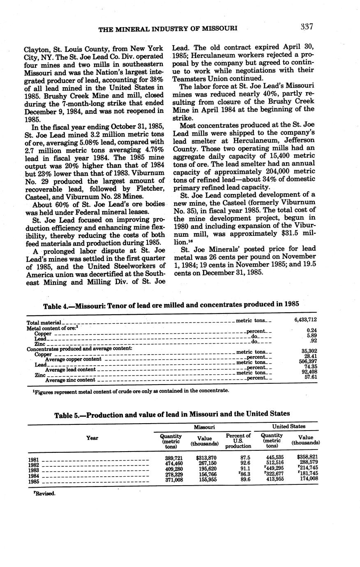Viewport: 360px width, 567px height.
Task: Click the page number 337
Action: coord(307,27)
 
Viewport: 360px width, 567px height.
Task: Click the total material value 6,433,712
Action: coord(305,319)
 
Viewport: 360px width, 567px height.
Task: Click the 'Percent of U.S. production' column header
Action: coord(238,440)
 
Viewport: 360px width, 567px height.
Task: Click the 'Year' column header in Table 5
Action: coord(92,438)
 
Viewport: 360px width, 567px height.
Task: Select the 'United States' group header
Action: coord(289,426)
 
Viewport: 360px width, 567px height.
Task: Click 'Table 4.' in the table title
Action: coord(56,305)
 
